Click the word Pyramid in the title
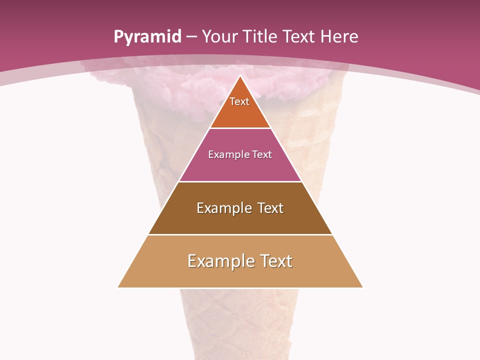(x=147, y=37)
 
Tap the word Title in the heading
(x=259, y=36)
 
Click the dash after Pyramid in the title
(x=191, y=37)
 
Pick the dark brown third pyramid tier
(x=240, y=220)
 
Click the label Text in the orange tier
(x=239, y=101)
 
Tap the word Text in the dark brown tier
(x=270, y=208)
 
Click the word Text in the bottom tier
(x=276, y=261)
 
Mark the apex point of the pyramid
(x=240, y=76)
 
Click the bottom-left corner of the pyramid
(x=118, y=287)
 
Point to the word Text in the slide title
(x=299, y=36)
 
